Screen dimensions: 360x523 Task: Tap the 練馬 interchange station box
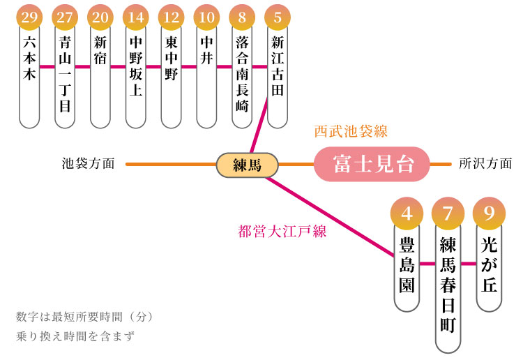[247, 165]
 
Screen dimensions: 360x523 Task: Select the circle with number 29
[29, 16]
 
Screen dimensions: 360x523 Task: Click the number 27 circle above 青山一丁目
[65, 16]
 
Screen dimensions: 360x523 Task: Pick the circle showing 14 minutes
[136, 16]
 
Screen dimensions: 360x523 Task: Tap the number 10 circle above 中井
[207, 16]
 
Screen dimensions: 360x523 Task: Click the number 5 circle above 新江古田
[278, 16]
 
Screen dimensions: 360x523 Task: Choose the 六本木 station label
[29, 60]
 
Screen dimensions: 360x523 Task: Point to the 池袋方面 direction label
[88, 165]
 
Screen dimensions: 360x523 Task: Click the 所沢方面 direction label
[485, 165]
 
